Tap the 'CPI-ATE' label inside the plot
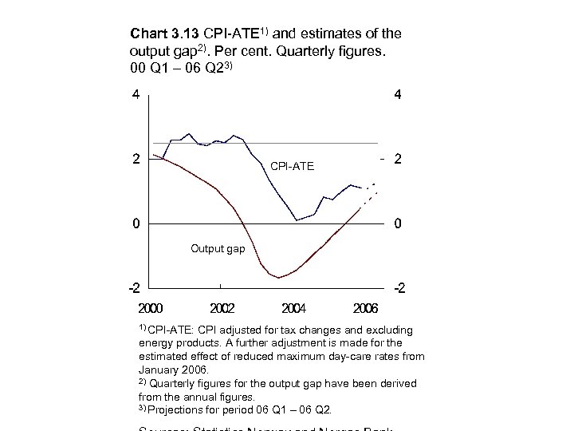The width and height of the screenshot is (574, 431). click(293, 167)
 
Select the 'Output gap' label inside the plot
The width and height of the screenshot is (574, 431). click(218, 249)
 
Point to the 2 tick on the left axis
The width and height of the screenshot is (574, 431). click(136, 159)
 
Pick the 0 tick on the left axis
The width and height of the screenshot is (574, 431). click(136, 223)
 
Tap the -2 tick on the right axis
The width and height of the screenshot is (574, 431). click(396, 287)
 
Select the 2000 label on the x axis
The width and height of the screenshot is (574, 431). click(151, 307)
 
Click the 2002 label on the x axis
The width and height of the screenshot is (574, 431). click(223, 307)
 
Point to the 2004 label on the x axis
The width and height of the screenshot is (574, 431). click(295, 307)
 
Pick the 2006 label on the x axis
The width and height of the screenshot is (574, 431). click(366, 307)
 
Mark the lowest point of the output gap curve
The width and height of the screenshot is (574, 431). click(277, 278)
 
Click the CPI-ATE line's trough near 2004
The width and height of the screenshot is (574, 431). click(296, 219)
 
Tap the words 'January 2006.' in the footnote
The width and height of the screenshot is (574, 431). click(172, 370)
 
